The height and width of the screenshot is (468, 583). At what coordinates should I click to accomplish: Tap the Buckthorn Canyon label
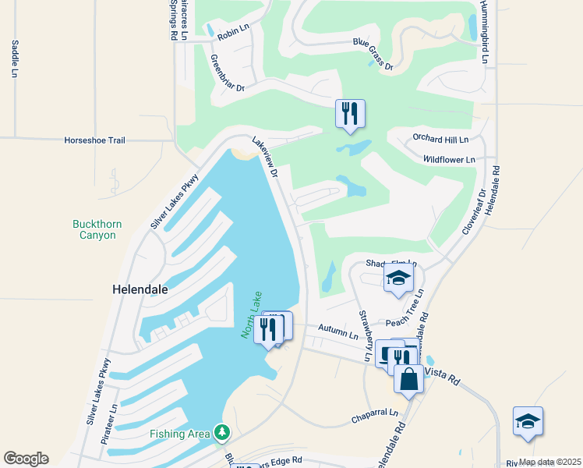[x=97, y=229]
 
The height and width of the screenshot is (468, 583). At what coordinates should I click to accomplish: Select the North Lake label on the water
[x=252, y=314]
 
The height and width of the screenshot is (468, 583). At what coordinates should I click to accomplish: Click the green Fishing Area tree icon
[x=222, y=432]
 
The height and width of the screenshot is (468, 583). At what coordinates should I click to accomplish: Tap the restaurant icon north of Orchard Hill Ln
[x=350, y=113]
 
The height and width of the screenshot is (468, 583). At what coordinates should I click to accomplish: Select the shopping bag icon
[x=408, y=379]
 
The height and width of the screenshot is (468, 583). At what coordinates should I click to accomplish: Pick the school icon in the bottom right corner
[x=528, y=421]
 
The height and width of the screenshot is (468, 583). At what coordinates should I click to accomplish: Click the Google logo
[x=26, y=459]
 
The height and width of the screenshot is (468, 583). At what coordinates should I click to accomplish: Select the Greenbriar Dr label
[x=228, y=73]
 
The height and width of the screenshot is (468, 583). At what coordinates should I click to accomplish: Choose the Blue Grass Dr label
[x=372, y=54]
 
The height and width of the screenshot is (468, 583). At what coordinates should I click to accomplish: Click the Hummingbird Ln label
[x=484, y=31]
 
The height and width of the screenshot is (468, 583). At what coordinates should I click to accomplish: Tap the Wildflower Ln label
[x=448, y=159]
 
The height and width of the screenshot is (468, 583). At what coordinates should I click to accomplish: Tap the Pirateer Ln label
[x=115, y=424]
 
